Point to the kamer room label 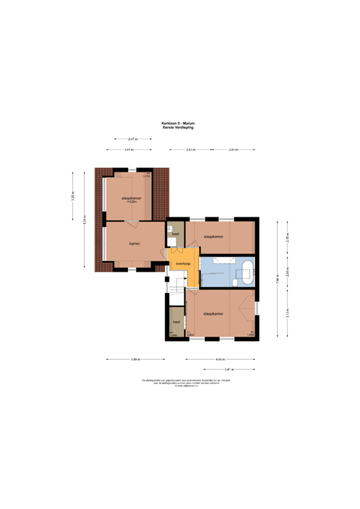135,243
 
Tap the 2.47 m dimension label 133,139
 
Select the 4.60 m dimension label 219,359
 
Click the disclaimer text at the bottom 180,382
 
